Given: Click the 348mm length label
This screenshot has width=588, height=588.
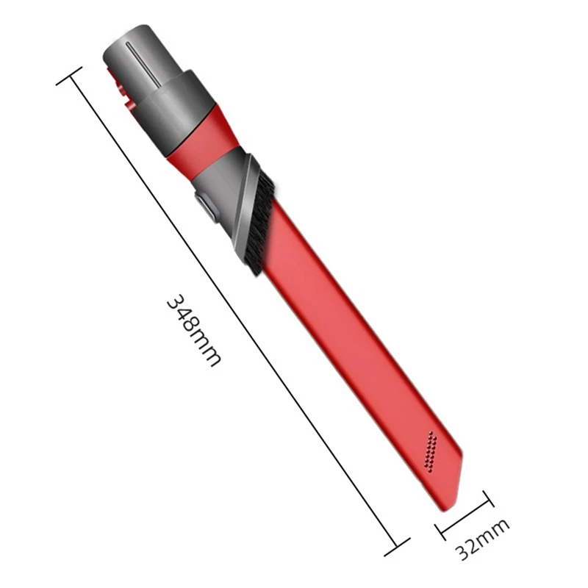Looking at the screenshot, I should click(193, 331).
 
